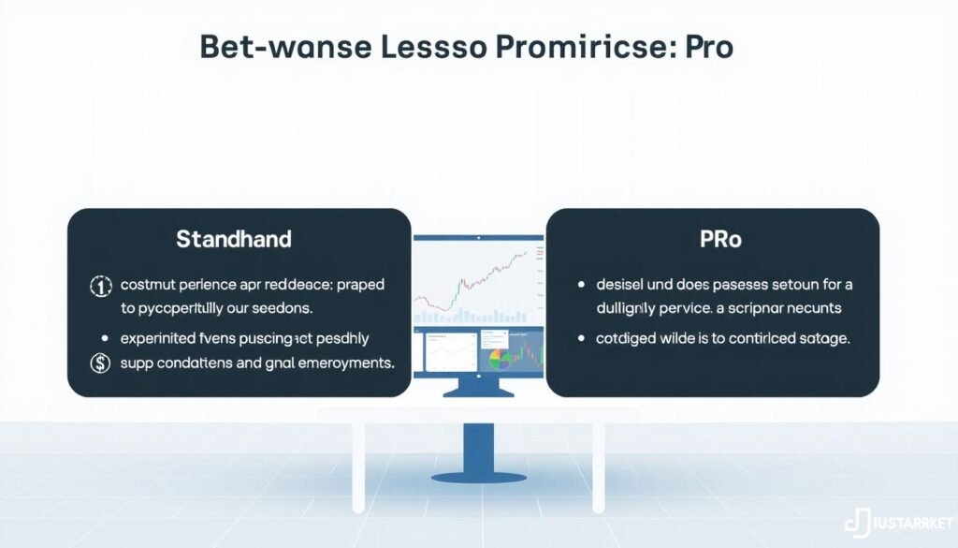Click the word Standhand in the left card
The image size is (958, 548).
[234, 239]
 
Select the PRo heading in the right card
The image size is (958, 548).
[720, 239]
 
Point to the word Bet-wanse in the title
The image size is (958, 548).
[271, 50]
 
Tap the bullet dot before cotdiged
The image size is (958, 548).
[583, 339]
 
